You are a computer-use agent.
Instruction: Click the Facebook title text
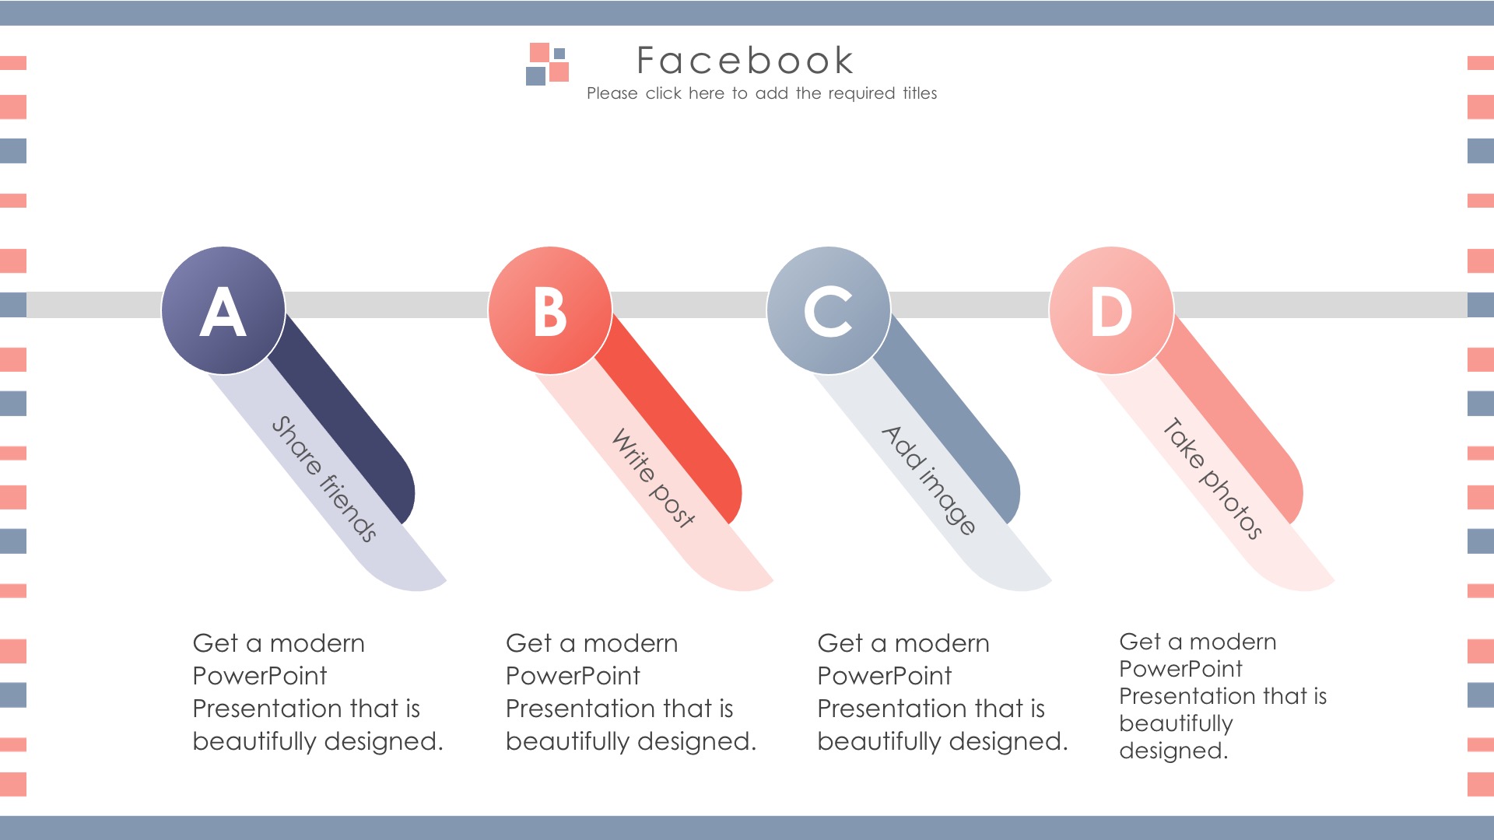click(x=745, y=61)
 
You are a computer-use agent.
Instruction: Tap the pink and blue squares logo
click(x=548, y=64)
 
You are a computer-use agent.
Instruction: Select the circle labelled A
click(x=223, y=310)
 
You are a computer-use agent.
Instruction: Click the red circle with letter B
click(x=550, y=310)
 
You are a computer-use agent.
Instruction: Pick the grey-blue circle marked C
click(x=829, y=310)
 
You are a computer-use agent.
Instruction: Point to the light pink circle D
click(x=1111, y=310)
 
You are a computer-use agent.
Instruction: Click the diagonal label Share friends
click(x=324, y=478)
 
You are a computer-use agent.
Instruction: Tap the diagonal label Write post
click(x=654, y=478)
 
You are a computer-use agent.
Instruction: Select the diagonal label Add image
click(x=928, y=480)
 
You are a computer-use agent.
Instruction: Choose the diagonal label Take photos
click(x=1212, y=478)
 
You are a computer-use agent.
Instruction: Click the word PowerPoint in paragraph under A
click(x=260, y=676)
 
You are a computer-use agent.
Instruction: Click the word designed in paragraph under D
click(x=1173, y=751)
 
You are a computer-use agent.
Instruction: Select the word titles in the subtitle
click(x=920, y=93)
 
